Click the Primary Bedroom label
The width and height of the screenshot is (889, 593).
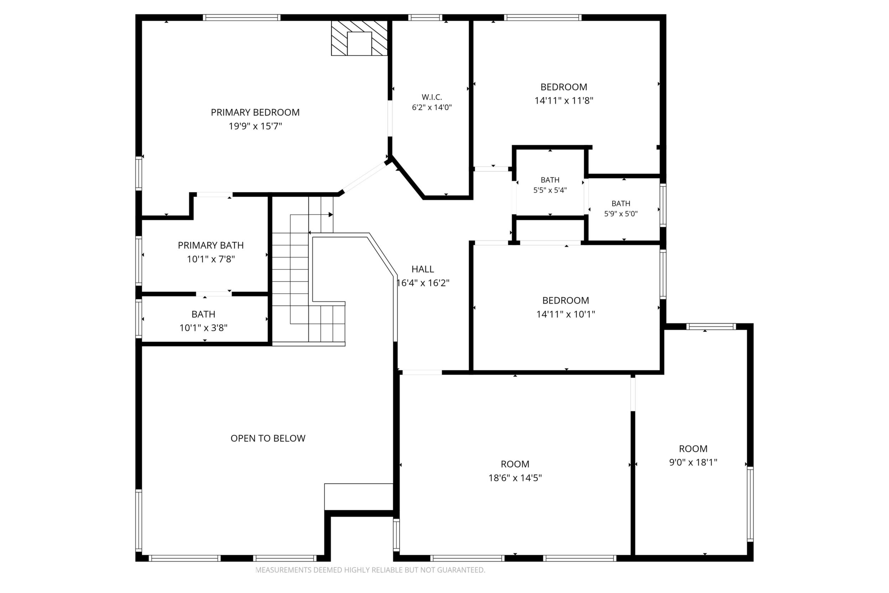tap(255, 112)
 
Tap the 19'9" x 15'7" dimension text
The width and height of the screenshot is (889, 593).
tap(255, 126)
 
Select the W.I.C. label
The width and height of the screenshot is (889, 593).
tap(432, 97)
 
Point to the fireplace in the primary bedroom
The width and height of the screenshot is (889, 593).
tap(359, 38)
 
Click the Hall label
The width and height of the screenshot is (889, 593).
tap(422, 269)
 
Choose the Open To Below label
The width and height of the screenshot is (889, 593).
tap(268, 438)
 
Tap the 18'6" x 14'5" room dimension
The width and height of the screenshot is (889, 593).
tap(515, 478)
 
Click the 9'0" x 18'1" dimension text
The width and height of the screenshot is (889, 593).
tap(693, 463)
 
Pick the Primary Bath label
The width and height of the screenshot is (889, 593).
tap(210, 246)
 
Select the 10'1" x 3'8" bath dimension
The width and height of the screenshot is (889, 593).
tap(203, 328)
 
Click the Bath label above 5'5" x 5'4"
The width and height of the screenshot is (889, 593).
tap(550, 180)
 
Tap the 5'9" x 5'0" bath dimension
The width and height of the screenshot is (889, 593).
tap(621, 214)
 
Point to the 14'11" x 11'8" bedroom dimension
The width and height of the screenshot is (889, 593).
tap(564, 101)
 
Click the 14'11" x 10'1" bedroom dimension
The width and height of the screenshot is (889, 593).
tap(566, 314)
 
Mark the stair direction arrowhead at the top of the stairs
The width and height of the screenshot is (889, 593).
tap(331, 215)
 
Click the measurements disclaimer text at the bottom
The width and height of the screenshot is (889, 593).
tap(370, 570)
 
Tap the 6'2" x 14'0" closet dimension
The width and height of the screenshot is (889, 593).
tap(432, 107)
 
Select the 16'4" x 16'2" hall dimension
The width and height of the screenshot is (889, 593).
tap(422, 283)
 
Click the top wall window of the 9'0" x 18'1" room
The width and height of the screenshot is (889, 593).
tap(711, 327)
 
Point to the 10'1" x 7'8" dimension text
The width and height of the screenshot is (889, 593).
tap(211, 259)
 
